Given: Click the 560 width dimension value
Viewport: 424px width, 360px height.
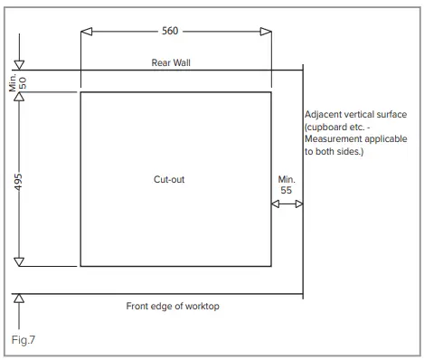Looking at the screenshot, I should pos(170,31).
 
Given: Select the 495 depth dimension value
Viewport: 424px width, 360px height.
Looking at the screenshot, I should pos(19,179).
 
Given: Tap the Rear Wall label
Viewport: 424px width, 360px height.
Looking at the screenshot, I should pos(172,62).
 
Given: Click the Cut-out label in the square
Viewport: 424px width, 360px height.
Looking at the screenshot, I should pos(170,179).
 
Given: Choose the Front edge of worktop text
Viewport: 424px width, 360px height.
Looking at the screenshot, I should pos(172,307).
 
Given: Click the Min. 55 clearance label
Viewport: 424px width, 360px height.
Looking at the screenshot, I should pos(287,185).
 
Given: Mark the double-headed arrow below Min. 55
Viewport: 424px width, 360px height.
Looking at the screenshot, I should pos(287,205).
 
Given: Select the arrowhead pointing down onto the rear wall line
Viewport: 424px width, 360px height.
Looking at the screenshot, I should pos(19,64).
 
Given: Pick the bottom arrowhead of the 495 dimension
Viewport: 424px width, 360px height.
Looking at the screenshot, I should pos(19,261).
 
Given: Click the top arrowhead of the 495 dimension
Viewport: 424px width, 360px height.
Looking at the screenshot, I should pos(19,97).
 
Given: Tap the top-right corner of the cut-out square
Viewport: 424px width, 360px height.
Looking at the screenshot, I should pos(271,91).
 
